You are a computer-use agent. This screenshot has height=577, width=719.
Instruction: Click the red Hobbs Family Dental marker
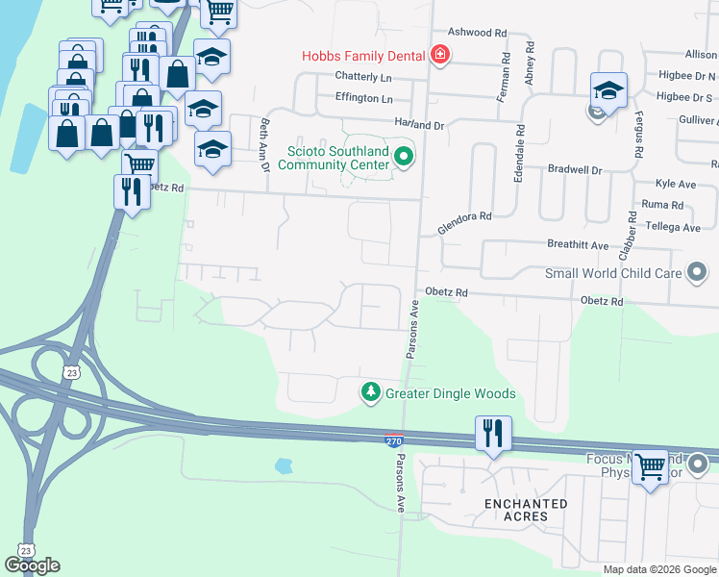click(440, 55)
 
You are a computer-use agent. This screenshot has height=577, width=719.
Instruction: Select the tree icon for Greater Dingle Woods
click(370, 392)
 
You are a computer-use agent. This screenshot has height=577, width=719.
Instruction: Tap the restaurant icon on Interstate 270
click(493, 433)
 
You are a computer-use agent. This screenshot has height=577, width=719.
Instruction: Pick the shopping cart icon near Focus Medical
click(650, 467)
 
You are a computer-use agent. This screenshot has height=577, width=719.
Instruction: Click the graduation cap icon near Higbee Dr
click(607, 91)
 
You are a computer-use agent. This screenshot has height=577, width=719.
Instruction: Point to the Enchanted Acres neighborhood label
click(526, 510)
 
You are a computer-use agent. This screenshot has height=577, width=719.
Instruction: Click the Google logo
click(33, 565)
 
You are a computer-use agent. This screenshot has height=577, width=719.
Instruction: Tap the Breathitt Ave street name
click(578, 245)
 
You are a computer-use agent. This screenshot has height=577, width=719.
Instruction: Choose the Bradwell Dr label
click(574, 170)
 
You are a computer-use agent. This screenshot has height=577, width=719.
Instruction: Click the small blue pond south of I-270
click(283, 466)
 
